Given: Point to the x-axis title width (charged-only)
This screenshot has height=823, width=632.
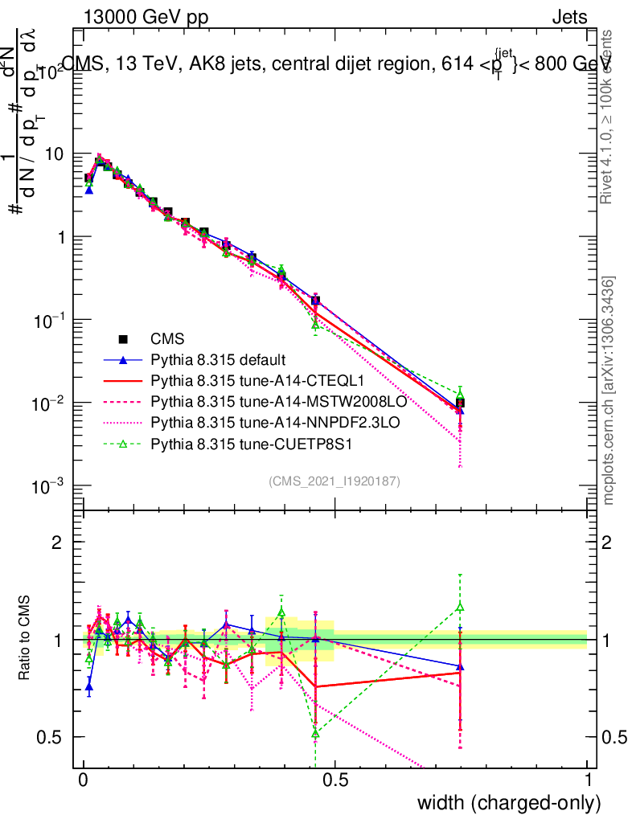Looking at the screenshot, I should coord(509,802).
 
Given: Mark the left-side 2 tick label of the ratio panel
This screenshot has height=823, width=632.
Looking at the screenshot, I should coord(57,543).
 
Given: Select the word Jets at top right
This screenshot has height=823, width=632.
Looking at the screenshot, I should coord(568,18).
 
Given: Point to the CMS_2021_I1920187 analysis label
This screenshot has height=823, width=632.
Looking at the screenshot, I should coord(334,481).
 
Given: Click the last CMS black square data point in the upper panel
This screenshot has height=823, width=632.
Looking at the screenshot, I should coord(460,403).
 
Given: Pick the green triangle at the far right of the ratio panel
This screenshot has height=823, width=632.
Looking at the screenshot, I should coord(460,607).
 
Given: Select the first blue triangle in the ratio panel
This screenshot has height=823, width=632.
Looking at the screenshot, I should coord(89,687).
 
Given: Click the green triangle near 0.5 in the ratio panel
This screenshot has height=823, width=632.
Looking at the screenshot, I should coord(316,733).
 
